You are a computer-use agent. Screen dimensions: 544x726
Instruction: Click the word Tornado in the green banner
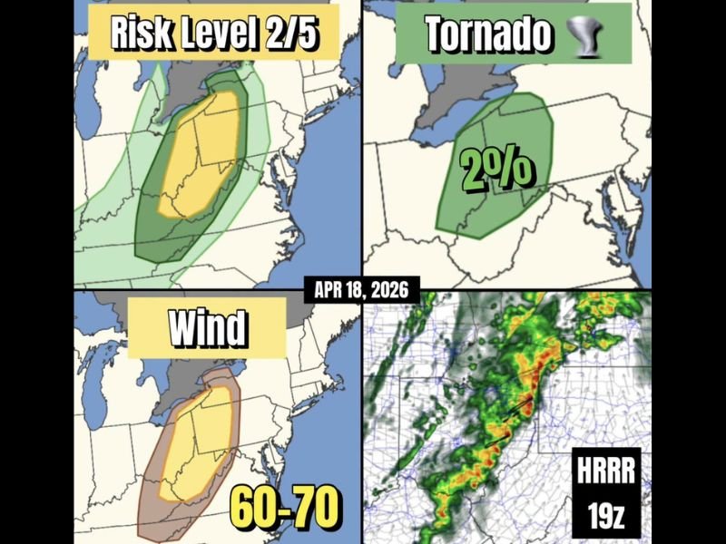489,34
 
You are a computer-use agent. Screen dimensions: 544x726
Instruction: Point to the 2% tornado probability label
497,170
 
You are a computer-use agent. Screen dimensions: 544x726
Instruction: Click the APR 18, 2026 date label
363,291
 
